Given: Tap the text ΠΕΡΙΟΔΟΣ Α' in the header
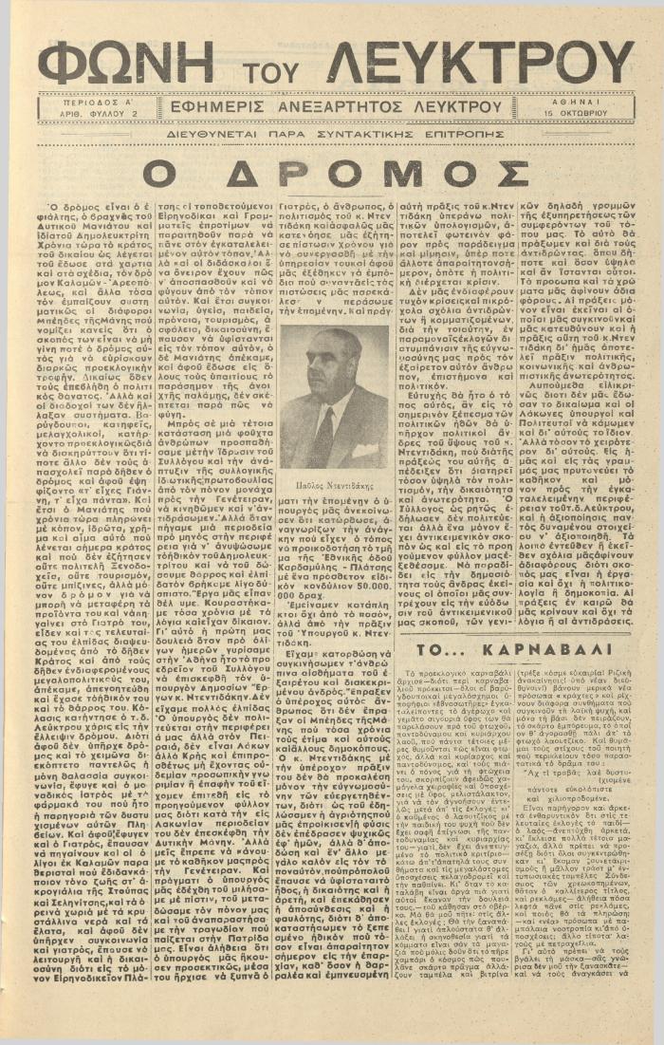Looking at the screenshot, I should coord(97,99).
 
